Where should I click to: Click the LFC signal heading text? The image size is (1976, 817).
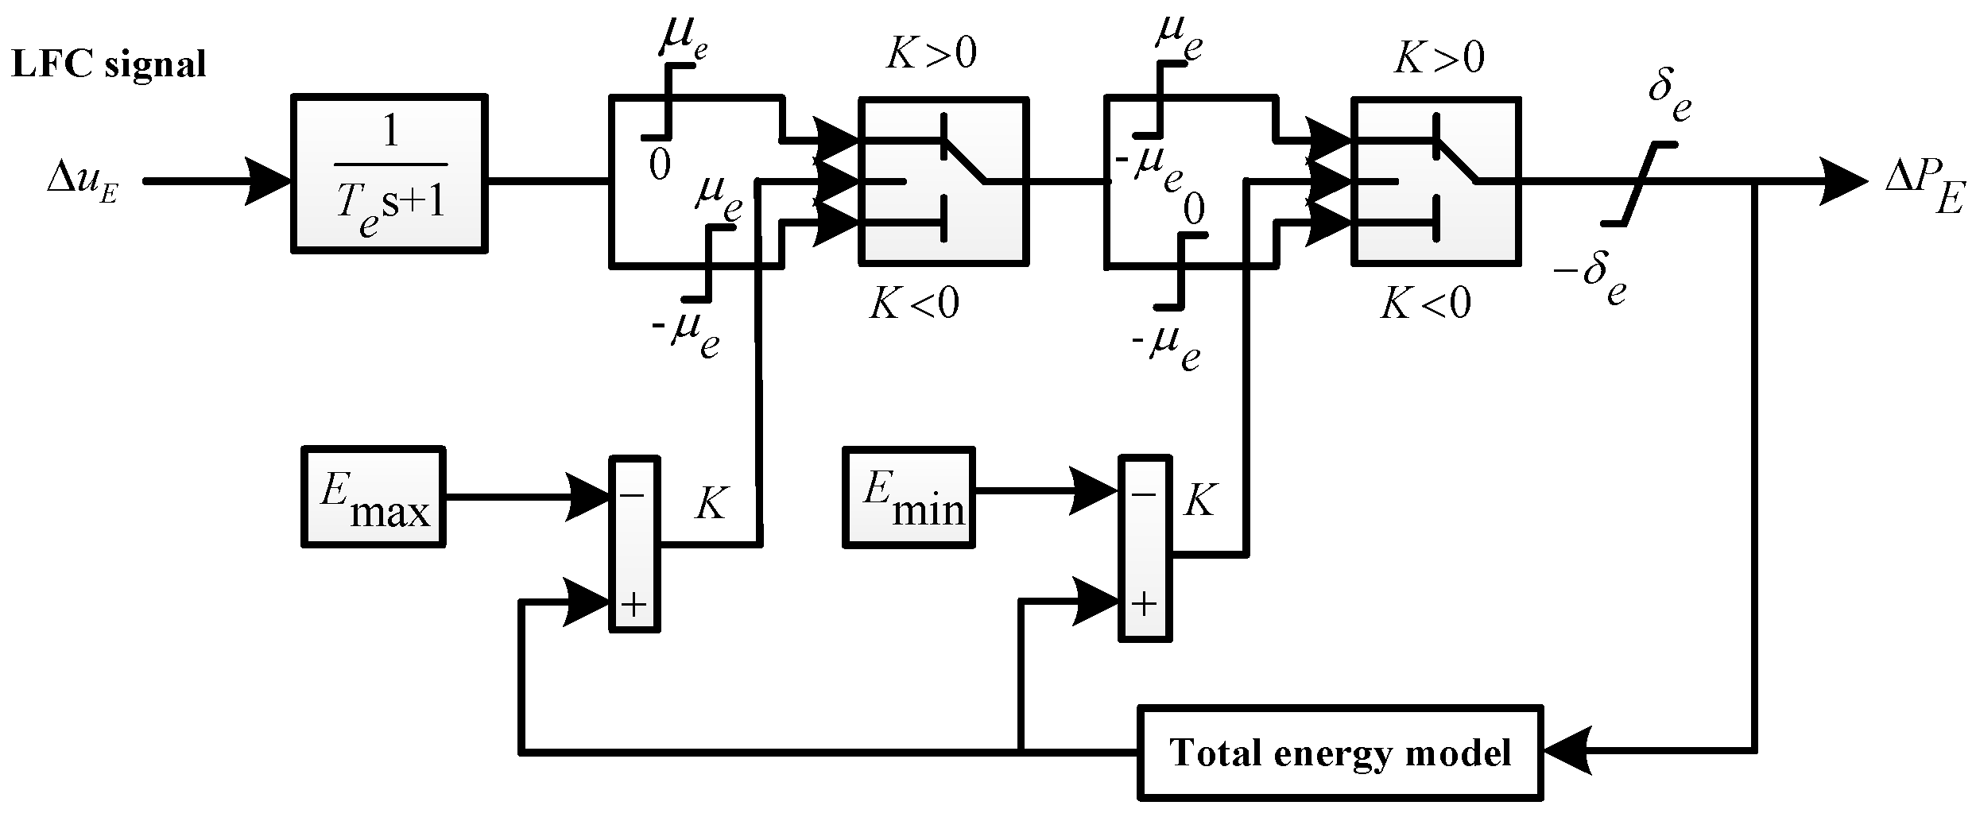[x=109, y=64]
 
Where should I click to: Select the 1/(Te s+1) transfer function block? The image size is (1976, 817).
[x=389, y=173]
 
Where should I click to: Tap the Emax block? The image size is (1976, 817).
[x=373, y=497]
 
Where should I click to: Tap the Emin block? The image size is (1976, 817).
[x=909, y=498]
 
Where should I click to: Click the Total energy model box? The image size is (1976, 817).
[x=1340, y=751]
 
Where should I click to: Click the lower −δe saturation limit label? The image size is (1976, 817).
[x=1590, y=279]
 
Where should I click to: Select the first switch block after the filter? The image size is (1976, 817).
[x=943, y=181]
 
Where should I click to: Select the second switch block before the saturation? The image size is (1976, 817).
[x=1436, y=181]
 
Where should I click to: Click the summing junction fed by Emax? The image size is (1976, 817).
[x=634, y=544]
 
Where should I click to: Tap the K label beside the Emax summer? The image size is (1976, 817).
[x=709, y=503]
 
